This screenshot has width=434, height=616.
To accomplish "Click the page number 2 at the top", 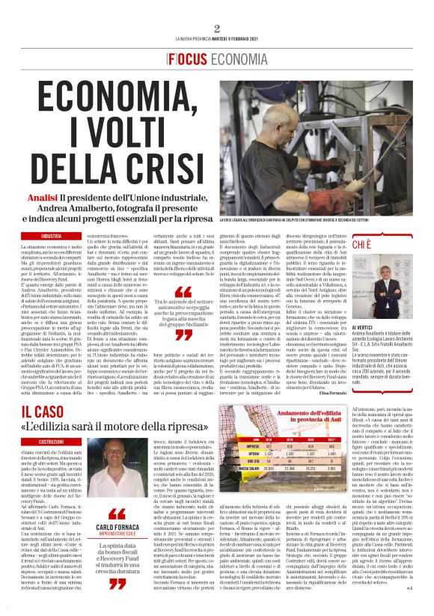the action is coord(217,28).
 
